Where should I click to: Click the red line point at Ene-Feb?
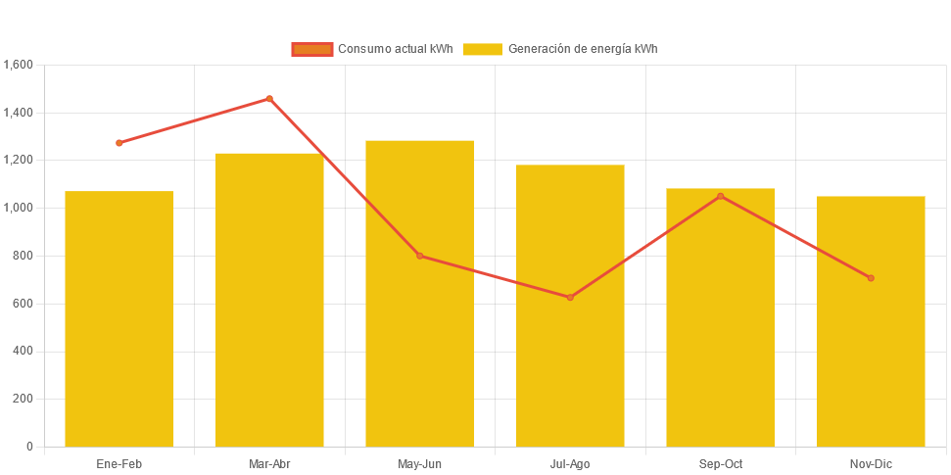pos(119,143)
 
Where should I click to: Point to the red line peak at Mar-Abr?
pos(269,99)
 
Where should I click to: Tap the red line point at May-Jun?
pos(420,256)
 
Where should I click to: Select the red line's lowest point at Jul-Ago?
pos(570,297)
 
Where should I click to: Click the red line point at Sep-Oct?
pos(721,196)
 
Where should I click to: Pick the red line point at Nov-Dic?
pos(871,278)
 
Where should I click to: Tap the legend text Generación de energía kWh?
pos(582,49)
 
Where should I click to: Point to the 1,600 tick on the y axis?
pos(19,65)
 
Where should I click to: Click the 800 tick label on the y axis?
pos(24,256)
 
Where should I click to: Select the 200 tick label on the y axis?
pos(24,399)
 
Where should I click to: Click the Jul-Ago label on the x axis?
pos(570,463)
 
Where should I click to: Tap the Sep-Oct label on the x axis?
pos(721,463)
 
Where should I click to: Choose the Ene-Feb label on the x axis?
pos(119,463)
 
